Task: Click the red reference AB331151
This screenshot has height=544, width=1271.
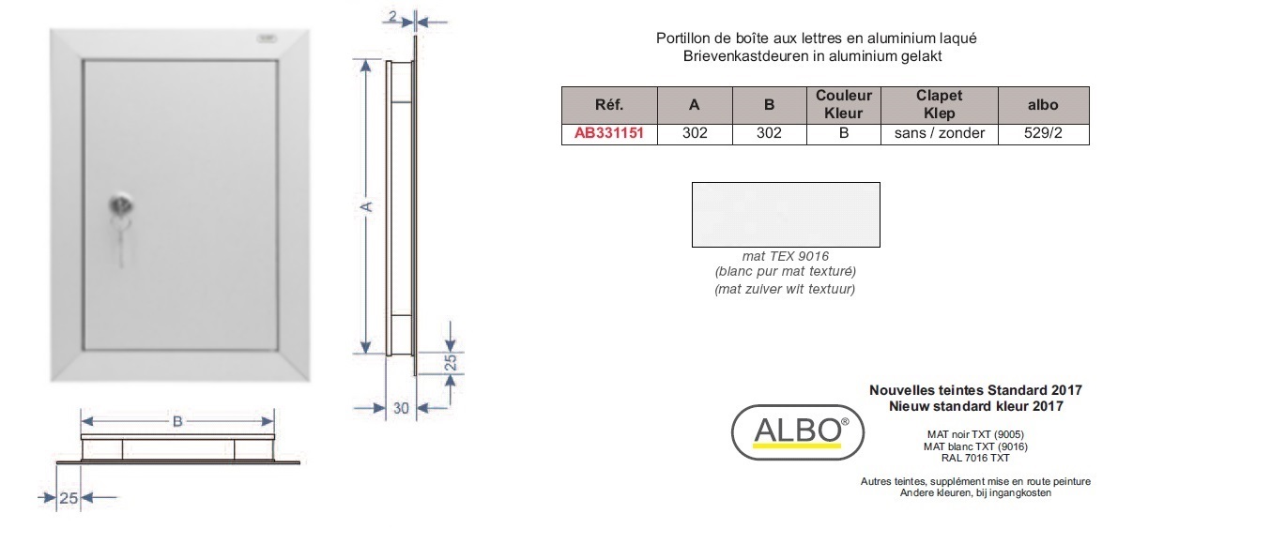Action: click(x=609, y=133)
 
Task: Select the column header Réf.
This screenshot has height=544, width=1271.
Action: click(x=609, y=105)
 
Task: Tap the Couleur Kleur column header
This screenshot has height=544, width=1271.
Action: click(x=844, y=104)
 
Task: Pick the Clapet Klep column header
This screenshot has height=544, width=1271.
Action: click(x=939, y=104)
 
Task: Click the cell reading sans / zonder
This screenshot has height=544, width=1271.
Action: click(x=939, y=133)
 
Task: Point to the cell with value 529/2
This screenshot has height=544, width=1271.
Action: click(x=1043, y=133)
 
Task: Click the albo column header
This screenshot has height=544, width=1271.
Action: click(x=1043, y=105)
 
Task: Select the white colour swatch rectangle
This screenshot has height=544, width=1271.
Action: click(x=786, y=215)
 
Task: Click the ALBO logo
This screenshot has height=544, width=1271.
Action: click(x=797, y=431)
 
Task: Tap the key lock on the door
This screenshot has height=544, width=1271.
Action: click(x=120, y=205)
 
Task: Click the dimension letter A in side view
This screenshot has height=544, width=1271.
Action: click(x=366, y=207)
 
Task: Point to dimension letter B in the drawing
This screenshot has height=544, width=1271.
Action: click(x=177, y=422)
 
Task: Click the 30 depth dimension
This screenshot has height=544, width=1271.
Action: click(x=401, y=408)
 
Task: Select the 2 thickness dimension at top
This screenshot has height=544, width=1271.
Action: click(x=392, y=17)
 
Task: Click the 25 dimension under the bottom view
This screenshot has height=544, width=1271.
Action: click(x=69, y=498)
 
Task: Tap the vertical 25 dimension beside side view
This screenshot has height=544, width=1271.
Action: click(x=450, y=362)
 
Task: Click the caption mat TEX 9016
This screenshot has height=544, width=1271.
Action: click(x=786, y=257)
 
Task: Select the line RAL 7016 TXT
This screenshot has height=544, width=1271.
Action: click(x=975, y=458)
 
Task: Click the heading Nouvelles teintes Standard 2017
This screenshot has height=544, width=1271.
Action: click(x=975, y=390)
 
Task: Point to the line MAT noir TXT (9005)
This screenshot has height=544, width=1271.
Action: click(x=975, y=434)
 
